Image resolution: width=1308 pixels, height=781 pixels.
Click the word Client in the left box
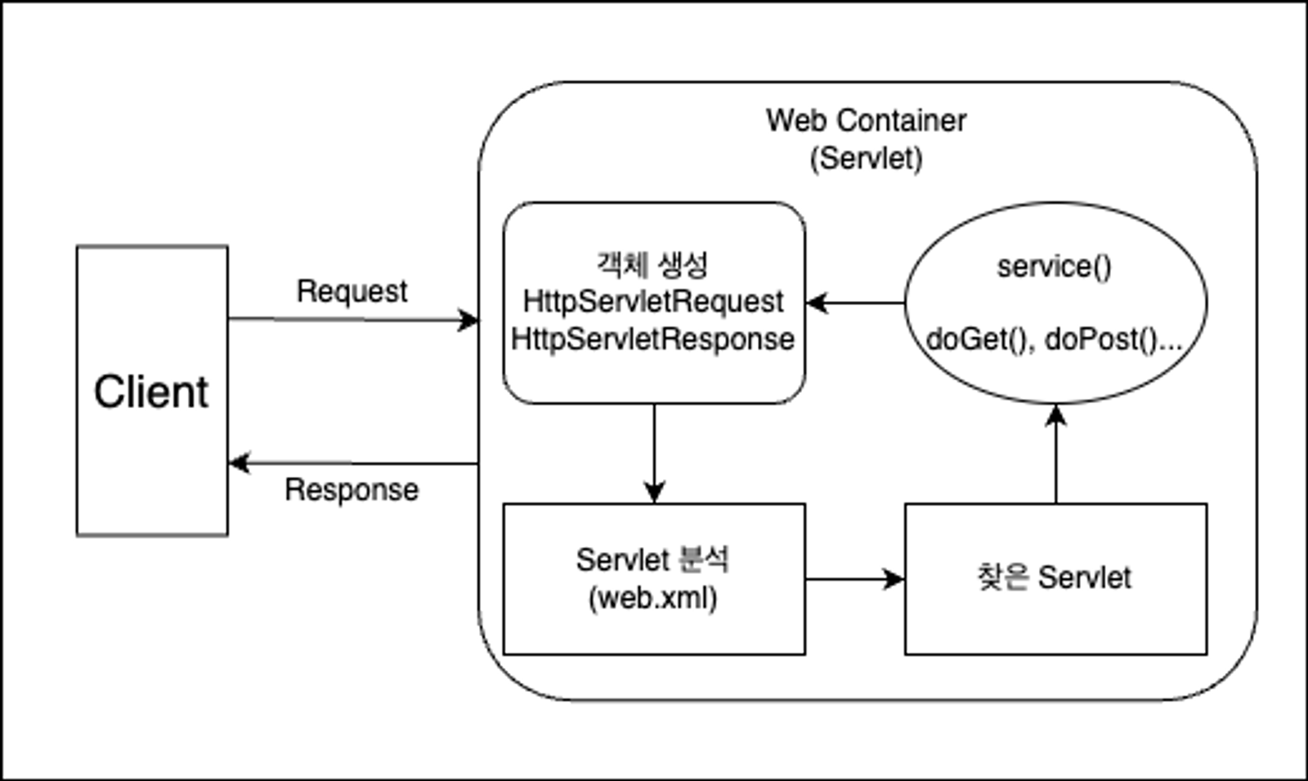151,392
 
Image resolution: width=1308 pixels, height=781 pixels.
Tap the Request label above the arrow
352,291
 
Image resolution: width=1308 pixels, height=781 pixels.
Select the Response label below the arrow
352,490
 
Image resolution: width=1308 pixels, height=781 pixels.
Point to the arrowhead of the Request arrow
469,320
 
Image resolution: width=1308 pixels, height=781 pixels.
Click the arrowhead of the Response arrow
238,464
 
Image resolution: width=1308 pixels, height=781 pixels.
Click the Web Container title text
866,121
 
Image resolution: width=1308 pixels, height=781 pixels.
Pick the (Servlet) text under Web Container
866,158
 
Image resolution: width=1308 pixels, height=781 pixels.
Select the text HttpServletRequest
652,302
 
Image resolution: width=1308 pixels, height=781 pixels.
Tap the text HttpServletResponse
652,339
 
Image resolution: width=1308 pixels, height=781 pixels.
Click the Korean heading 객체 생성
652,264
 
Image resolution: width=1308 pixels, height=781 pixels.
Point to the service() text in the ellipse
1054,267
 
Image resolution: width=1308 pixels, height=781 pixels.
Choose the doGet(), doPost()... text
1054,339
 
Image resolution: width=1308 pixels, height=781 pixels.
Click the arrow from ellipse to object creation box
854,303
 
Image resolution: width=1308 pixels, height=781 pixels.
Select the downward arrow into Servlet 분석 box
654,454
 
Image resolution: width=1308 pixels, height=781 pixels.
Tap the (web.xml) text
652,598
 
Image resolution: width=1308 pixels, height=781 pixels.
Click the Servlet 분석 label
652,560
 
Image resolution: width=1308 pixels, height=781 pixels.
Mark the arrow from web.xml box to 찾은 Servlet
854,579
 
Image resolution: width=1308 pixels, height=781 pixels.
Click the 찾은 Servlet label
1054,577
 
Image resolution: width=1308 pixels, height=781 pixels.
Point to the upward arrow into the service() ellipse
1055,454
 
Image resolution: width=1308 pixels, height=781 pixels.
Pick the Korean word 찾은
1002,577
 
